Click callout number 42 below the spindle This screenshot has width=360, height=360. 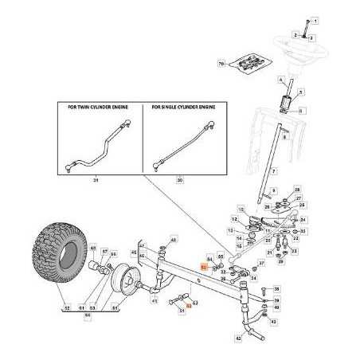point(237,338)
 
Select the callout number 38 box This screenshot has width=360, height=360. point(277,288)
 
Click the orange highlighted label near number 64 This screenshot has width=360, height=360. point(204,268)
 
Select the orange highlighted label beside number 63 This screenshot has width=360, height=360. point(189,304)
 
